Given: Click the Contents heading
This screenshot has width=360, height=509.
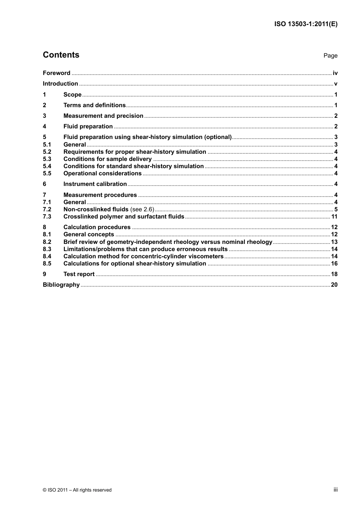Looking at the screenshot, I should click(x=61, y=55).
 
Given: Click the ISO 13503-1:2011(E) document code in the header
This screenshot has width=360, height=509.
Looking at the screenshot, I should click(x=305, y=24).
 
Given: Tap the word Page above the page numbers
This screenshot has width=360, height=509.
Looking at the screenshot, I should click(x=330, y=56).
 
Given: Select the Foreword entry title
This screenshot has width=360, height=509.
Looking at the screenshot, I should click(x=56, y=73).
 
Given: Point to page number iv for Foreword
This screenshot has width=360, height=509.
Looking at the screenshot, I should click(x=335, y=73).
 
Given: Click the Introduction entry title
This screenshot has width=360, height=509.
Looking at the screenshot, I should click(x=60, y=84).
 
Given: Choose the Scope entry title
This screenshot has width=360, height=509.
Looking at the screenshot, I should click(x=72, y=95).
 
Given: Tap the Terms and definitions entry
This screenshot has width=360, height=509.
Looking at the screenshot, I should click(x=94, y=105).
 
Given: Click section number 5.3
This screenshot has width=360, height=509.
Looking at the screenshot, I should click(x=47, y=159).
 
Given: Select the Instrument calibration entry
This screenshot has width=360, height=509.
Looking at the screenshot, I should click(x=95, y=184).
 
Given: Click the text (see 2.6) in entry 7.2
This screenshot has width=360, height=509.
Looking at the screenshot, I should click(x=142, y=209).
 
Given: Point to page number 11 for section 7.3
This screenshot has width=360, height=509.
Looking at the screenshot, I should click(x=334, y=217).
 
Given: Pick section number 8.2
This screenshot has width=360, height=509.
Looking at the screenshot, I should click(x=47, y=242).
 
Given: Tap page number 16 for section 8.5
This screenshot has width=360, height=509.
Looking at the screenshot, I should click(x=334, y=264).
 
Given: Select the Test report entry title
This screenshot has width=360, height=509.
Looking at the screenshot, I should click(x=79, y=274).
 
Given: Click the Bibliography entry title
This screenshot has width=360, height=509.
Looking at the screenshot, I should click(x=61, y=285).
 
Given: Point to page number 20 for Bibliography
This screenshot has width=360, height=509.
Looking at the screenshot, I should click(x=334, y=285).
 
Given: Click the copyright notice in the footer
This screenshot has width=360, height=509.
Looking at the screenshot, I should click(x=77, y=490).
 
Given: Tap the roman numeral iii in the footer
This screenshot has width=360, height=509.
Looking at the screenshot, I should click(x=335, y=490).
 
